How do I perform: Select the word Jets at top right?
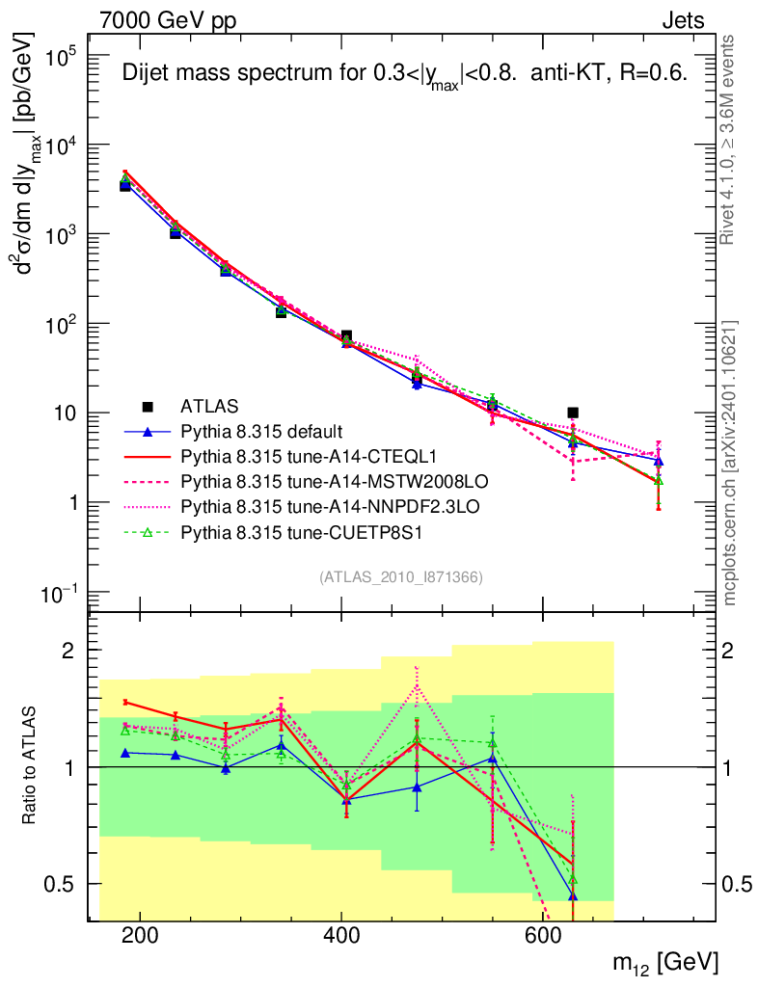click(x=682, y=19)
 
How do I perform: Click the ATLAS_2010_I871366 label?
click(x=400, y=577)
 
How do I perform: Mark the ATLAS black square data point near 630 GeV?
click(x=573, y=413)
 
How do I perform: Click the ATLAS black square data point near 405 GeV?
click(x=346, y=336)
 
